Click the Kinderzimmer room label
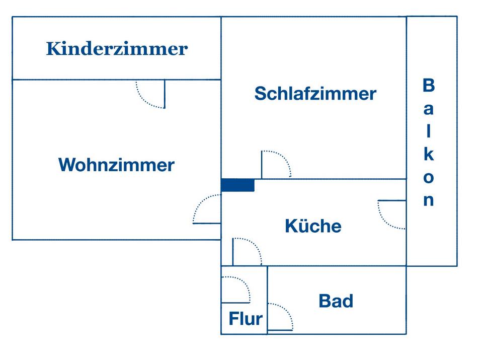click(x=117, y=49)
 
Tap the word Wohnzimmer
click(x=116, y=165)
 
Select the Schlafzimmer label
click(x=315, y=93)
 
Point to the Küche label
click(x=313, y=226)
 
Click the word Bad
click(x=336, y=301)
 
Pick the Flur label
click(x=246, y=318)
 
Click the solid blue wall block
click(x=238, y=185)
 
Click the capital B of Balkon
click(x=429, y=85)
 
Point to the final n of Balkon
click(x=429, y=200)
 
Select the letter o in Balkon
click(x=429, y=178)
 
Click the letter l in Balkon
click(x=429, y=131)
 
